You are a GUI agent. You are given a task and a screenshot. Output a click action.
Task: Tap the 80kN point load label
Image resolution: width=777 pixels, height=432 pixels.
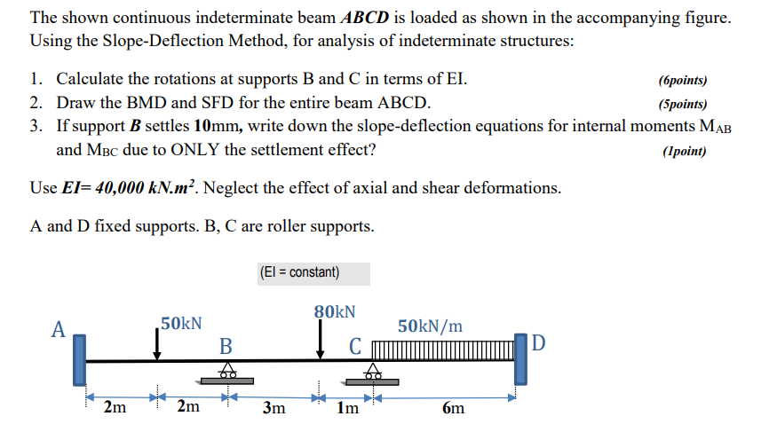[335, 311]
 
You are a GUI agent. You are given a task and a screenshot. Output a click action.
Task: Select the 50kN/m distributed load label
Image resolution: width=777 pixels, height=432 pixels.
[430, 326]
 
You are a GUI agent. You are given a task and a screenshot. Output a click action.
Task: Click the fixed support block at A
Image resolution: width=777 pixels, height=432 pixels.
[80, 360]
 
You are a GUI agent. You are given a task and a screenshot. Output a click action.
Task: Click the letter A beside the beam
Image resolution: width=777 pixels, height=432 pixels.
[59, 330]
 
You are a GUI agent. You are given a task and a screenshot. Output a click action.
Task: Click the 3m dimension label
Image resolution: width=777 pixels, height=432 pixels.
[274, 408]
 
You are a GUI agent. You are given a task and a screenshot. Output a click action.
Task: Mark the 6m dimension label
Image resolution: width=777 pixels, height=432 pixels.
[452, 409]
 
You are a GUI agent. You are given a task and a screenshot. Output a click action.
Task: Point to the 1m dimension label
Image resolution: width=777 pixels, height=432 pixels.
[348, 408]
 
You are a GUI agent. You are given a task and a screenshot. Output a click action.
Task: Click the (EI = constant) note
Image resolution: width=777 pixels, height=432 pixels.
[299, 272]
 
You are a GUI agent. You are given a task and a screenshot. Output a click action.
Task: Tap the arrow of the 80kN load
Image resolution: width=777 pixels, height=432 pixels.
[321, 342]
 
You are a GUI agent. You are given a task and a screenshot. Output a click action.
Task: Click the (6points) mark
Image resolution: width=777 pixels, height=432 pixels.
[683, 80]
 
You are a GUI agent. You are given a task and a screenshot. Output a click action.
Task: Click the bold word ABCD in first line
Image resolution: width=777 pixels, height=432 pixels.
[366, 18]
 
